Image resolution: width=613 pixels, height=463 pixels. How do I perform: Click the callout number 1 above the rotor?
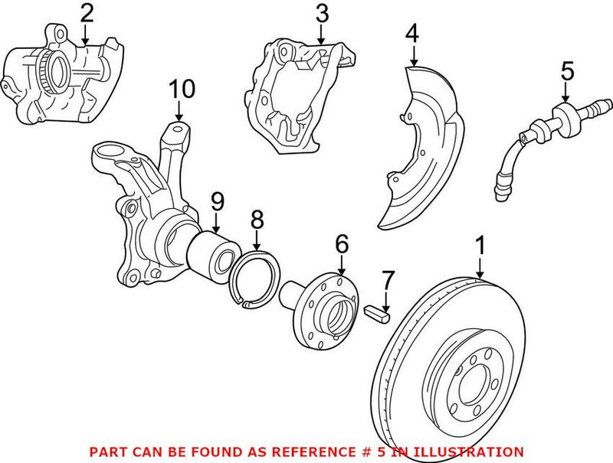pos(480,246)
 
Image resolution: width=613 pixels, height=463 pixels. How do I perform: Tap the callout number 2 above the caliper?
pos(86,13)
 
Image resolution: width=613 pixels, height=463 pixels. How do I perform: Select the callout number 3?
pos(322,13)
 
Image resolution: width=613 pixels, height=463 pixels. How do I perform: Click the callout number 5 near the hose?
pos(566,70)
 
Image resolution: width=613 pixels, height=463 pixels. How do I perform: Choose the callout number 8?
pos(257,221)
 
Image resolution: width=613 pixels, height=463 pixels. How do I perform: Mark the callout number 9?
pos(217,202)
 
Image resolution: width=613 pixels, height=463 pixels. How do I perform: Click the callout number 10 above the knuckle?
pos(182,90)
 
